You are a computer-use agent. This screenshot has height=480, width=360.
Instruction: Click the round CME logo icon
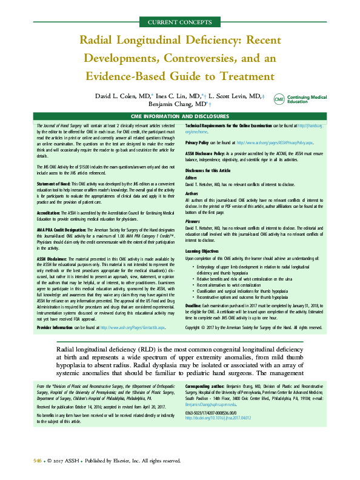[279, 99]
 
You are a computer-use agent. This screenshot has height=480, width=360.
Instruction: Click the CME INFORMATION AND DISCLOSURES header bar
[180, 116]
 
